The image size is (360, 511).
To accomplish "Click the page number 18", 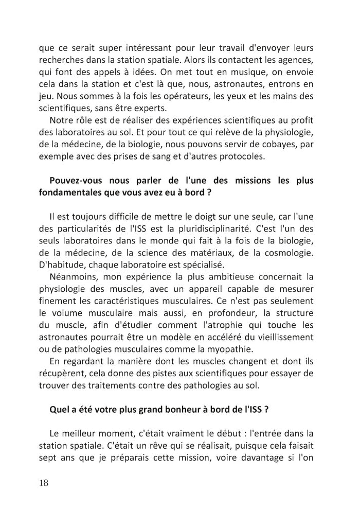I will coord(44,483).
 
